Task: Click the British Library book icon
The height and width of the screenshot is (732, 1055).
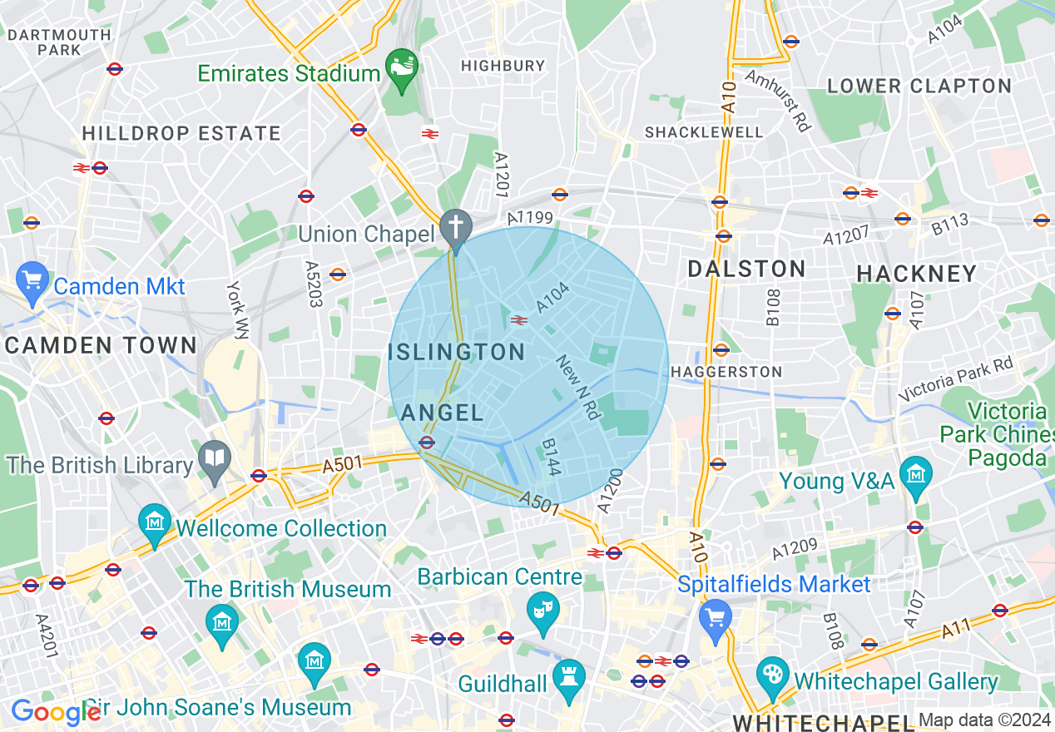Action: (x=215, y=458)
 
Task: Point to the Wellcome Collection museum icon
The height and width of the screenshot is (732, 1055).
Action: (x=155, y=522)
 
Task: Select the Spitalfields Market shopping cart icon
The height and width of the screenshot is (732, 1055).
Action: (x=716, y=616)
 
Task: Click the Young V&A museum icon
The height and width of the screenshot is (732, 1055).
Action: (x=916, y=473)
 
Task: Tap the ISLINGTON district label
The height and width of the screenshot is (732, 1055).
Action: (x=457, y=352)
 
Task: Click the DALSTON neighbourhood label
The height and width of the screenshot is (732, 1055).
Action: (x=747, y=269)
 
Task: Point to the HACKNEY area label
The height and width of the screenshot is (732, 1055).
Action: (x=916, y=274)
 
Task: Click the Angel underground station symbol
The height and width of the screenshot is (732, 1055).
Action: (x=427, y=443)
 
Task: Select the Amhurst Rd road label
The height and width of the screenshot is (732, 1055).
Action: (x=778, y=100)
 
